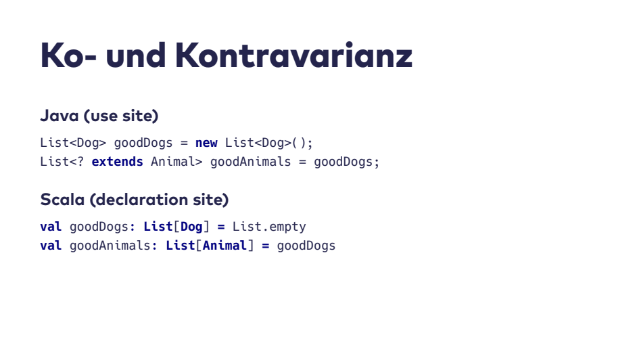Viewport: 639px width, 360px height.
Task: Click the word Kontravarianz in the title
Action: tap(293, 55)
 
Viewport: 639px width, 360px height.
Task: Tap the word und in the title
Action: tap(135, 55)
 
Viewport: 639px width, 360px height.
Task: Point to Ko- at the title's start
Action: tap(68, 55)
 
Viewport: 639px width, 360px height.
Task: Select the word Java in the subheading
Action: tap(59, 116)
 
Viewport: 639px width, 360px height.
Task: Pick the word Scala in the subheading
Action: tap(63, 200)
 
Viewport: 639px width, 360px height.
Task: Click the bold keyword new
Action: tap(206, 143)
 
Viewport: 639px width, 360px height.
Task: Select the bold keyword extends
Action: tap(118, 162)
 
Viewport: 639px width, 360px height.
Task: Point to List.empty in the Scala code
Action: tap(269, 226)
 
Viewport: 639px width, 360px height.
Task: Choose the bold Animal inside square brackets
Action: tap(224, 245)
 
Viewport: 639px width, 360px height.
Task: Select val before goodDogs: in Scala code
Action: tap(51, 226)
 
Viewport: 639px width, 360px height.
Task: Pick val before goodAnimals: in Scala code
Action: tap(51, 245)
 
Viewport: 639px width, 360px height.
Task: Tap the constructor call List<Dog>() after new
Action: tap(269, 143)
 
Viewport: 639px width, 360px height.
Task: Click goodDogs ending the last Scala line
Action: tap(306, 245)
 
